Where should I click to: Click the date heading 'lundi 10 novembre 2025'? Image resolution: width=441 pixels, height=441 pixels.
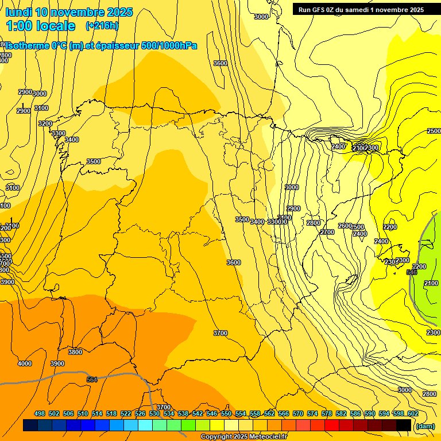69,12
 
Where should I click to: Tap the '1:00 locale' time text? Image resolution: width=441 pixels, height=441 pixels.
41,26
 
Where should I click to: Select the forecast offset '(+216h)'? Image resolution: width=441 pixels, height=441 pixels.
102,26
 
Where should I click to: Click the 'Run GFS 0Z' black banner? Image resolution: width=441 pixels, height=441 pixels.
358,9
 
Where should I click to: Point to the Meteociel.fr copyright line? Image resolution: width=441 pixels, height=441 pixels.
243,437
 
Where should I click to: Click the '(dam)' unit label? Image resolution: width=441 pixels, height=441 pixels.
424,425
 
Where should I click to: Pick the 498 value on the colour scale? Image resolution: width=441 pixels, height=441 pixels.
40,413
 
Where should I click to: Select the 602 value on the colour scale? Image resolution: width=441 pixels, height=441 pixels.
413,413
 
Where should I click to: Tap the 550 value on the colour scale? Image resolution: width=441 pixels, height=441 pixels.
226,413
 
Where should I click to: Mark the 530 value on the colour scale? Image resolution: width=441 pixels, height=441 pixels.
154,413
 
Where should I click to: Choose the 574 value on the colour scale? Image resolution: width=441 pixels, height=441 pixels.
312,413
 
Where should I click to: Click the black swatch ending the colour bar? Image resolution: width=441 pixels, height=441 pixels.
404,425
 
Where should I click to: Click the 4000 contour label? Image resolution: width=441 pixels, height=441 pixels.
25,363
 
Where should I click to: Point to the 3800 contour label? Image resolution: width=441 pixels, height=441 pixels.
75,352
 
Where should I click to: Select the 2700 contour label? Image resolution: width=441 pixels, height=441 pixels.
327,232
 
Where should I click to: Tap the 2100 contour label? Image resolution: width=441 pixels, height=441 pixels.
431,284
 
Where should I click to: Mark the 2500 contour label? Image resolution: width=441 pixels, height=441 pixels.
434,131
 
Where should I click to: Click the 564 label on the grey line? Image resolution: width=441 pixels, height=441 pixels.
92,380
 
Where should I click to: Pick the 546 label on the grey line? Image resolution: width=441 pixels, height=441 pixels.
411,272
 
